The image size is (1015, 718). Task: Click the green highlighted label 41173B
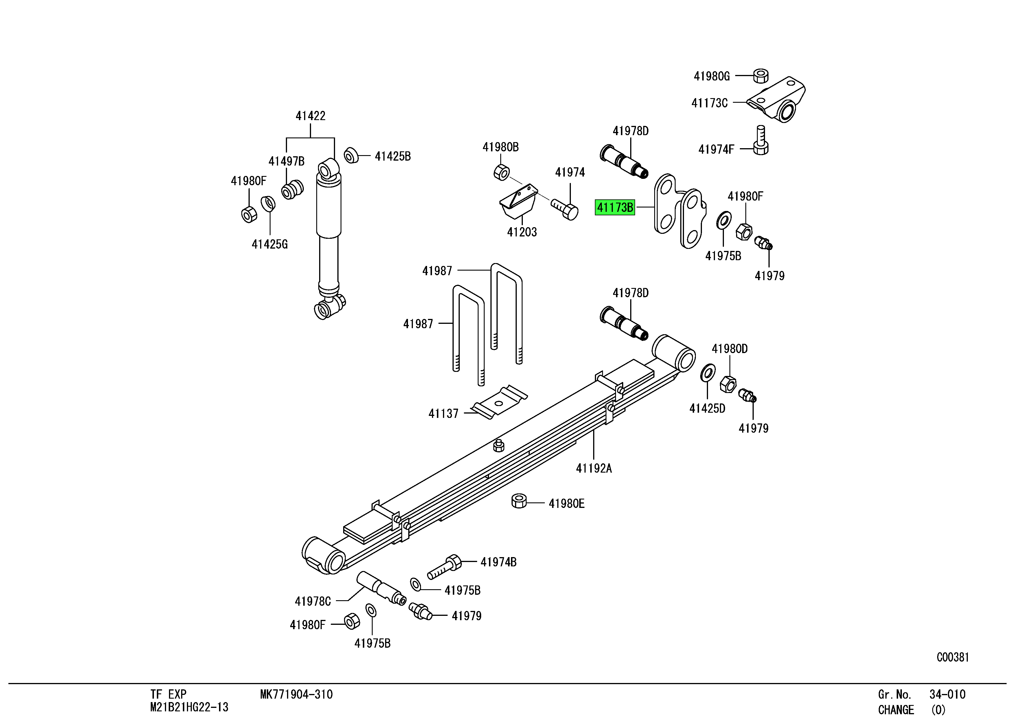coord(615,207)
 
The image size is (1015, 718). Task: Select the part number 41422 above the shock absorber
coord(310,116)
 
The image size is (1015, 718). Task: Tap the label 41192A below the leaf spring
coord(594,468)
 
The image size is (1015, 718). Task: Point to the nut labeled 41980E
coord(519,501)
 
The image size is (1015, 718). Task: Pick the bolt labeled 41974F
coord(760,141)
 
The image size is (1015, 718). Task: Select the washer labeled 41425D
coord(708,373)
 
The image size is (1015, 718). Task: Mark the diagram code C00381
coord(953,658)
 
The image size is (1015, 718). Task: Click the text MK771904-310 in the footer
coord(296,695)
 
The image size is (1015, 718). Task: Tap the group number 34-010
coord(947,695)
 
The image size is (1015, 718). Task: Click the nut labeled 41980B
coord(501,172)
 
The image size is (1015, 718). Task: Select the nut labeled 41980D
coord(728,384)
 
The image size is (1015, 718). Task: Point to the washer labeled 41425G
coord(268,204)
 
